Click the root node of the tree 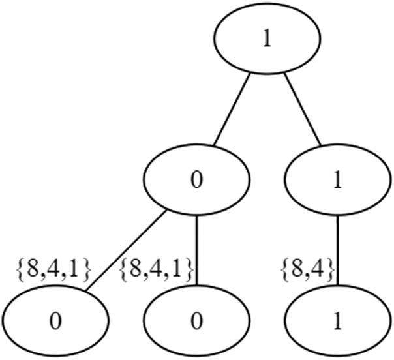tap(267, 38)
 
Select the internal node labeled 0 tap(197, 181)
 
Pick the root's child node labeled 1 tap(337, 181)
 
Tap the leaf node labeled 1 tap(337, 322)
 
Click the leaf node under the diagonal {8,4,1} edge tap(56, 322)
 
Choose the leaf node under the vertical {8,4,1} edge tap(197, 322)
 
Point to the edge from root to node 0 tap(232, 110)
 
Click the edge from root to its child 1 tap(302, 110)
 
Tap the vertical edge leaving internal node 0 tap(197, 251)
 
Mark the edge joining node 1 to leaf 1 tap(337, 251)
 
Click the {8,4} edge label tap(308, 267)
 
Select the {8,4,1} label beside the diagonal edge tap(52, 267)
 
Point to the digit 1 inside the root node tap(267, 39)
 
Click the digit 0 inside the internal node tap(197, 181)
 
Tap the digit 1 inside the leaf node tap(337, 322)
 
